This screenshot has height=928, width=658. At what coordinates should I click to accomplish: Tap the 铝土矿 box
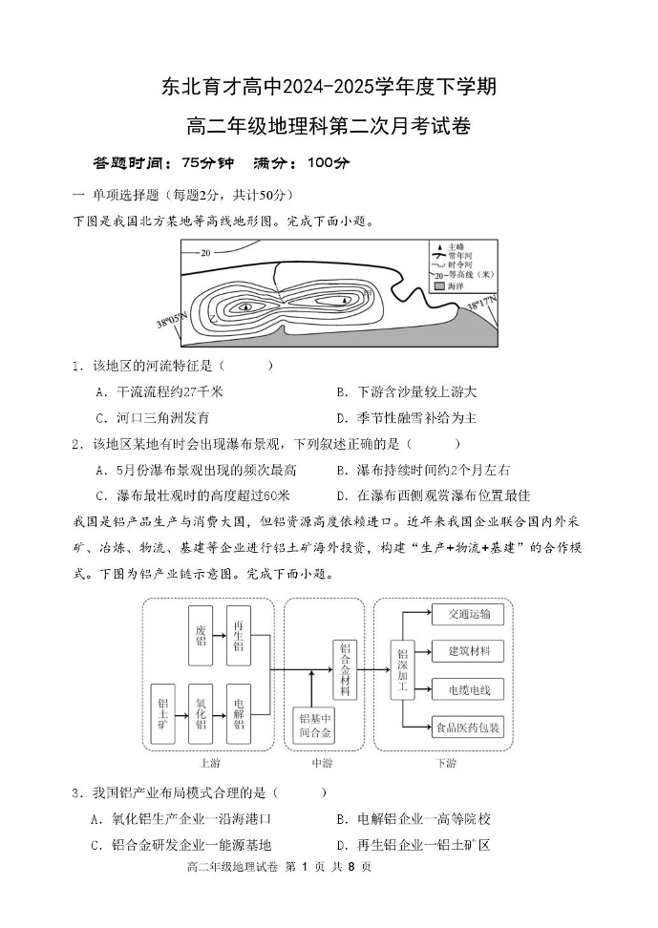pyautogui.click(x=163, y=714)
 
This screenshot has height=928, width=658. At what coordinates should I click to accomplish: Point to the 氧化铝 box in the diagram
pyautogui.click(x=202, y=714)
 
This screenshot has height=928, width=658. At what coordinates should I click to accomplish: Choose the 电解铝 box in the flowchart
pyautogui.click(x=238, y=714)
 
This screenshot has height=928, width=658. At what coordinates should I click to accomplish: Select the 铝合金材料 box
pyautogui.click(x=345, y=670)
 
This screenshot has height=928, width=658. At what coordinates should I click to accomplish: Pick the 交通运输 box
pyautogui.click(x=467, y=614)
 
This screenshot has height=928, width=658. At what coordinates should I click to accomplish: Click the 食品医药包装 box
pyautogui.click(x=467, y=728)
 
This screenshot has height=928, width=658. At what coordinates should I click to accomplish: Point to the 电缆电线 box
pyautogui.click(x=467, y=689)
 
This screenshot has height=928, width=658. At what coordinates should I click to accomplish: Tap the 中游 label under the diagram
pyautogui.click(x=322, y=764)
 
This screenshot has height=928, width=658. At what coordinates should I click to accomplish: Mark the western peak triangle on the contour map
pyautogui.click(x=246, y=306)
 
